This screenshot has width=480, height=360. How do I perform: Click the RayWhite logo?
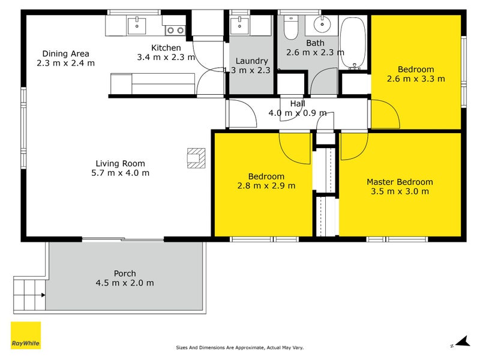(26, 335)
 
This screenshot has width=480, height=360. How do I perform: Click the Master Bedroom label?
(400, 182)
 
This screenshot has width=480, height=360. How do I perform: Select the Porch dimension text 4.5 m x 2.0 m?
(125, 283)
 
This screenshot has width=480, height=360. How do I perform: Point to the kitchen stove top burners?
(175, 29)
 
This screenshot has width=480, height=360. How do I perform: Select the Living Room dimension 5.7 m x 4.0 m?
(121, 173)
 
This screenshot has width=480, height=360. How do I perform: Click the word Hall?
(298, 104)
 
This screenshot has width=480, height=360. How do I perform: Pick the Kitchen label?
(166, 48)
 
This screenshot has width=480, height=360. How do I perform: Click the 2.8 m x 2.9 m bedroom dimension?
(266, 185)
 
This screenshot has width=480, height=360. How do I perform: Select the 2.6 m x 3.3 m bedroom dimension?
(416, 79)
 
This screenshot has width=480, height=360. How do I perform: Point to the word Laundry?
(251, 61)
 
